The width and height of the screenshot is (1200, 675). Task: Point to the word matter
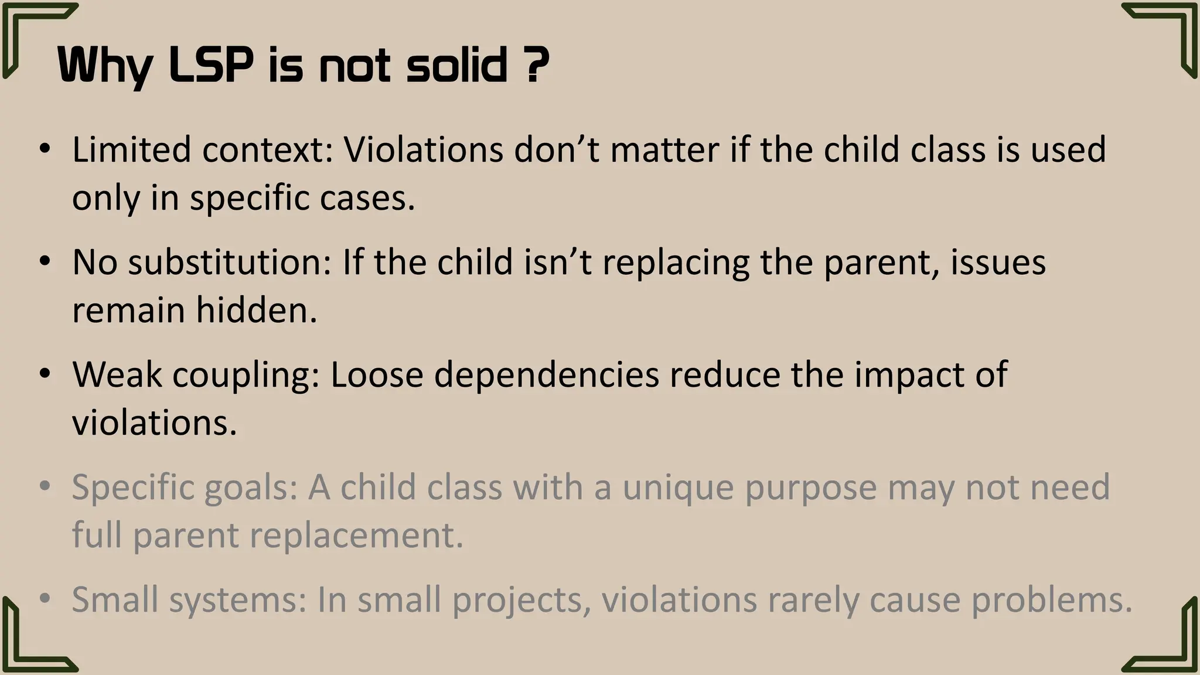[664, 149]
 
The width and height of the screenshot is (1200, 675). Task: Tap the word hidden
[257, 310]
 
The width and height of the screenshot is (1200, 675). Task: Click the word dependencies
[546, 376]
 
